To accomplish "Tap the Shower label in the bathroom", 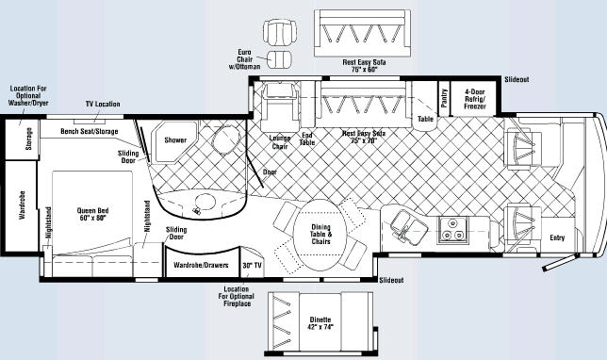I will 174,140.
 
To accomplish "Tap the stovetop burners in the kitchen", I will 452,227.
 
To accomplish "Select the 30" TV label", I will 253,266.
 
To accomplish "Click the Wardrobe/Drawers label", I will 201,266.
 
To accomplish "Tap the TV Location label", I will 103,103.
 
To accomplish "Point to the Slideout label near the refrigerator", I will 517,80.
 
